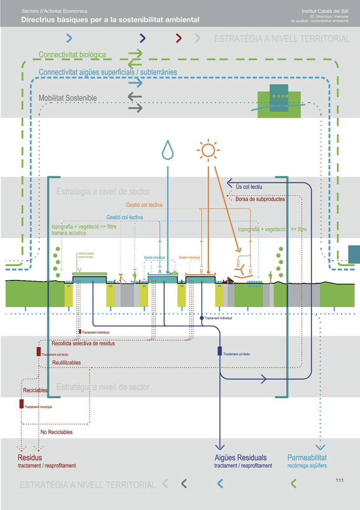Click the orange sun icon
[x=208, y=150]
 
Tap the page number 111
[x=340, y=480]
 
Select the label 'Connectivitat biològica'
[x=72, y=55]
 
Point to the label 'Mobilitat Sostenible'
[x=68, y=98]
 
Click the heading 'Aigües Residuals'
[x=241, y=458]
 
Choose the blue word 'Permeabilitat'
[x=307, y=458]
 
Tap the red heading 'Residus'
[x=30, y=458]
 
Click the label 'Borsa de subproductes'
[x=260, y=199]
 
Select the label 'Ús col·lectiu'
[x=248, y=187]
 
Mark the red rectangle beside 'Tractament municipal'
[x=21, y=404]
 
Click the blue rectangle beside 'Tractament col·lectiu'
[x=220, y=351]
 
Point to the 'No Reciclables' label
[x=57, y=432]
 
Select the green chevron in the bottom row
[x=294, y=483]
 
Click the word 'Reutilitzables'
[x=66, y=363]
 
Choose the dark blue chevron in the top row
[x=143, y=38]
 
